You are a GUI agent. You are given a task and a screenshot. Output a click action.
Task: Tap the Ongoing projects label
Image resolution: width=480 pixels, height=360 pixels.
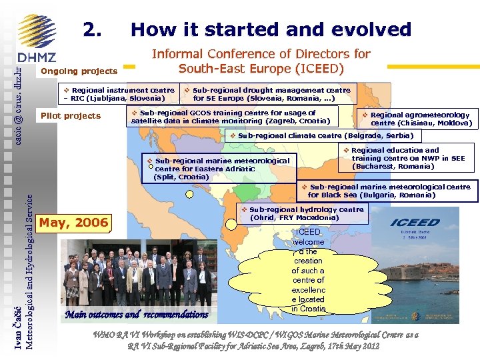pyautogui.click(x=79, y=71)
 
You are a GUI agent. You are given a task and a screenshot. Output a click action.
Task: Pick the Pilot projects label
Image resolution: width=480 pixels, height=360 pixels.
pyautogui.click(x=71, y=116)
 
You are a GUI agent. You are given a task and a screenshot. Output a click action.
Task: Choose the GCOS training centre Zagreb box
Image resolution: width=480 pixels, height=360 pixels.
pyautogui.click(x=231, y=117)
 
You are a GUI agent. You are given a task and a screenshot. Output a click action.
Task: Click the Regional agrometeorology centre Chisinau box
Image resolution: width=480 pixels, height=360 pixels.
pyautogui.click(x=415, y=119)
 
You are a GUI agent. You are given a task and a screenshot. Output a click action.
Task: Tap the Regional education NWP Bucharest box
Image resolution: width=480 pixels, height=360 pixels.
pyautogui.click(x=407, y=159)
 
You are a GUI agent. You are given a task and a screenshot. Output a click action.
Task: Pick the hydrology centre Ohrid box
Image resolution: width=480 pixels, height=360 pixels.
pyautogui.click(x=302, y=213)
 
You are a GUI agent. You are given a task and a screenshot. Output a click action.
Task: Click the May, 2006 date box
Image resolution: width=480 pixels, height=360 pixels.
pyautogui.click(x=74, y=222)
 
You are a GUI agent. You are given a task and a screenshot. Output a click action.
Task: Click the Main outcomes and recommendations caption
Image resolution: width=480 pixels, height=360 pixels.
pyautogui.click(x=137, y=315)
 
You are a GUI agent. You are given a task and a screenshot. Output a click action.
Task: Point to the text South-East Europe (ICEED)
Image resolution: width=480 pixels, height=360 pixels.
pyautogui.click(x=261, y=69)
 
